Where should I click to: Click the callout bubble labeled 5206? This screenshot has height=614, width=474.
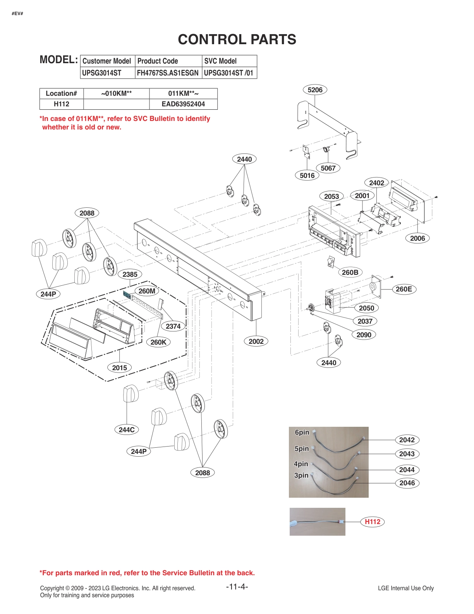tap(315, 90)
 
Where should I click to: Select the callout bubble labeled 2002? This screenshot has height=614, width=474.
tap(256, 341)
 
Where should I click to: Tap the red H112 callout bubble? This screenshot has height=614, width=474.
tap(373, 522)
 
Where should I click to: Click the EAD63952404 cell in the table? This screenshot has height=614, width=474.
tap(183, 104)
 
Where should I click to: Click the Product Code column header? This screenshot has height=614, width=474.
tap(158, 61)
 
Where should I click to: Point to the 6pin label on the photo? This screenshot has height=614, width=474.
tap(302, 433)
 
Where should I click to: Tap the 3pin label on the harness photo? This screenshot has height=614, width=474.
tap(301, 476)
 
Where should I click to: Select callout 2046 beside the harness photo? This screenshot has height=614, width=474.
tap(407, 483)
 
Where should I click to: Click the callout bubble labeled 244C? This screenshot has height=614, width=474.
tap(127, 430)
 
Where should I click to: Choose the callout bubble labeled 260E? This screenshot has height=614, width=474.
tap(404, 289)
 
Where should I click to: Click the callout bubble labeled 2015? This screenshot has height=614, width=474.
tap(119, 368)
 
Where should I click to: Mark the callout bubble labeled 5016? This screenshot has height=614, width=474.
tap(307, 176)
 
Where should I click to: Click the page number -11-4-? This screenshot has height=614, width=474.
tap(237, 587)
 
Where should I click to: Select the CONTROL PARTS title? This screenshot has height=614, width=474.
tap(237, 40)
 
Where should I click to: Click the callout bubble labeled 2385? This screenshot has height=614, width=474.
tap(130, 274)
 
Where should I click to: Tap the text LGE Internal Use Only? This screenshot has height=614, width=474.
tap(406, 588)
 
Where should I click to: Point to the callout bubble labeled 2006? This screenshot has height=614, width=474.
tap(417, 238)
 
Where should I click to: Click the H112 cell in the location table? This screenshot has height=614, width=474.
tap(62, 104)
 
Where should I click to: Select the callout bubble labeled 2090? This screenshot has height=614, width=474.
tap(364, 335)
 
